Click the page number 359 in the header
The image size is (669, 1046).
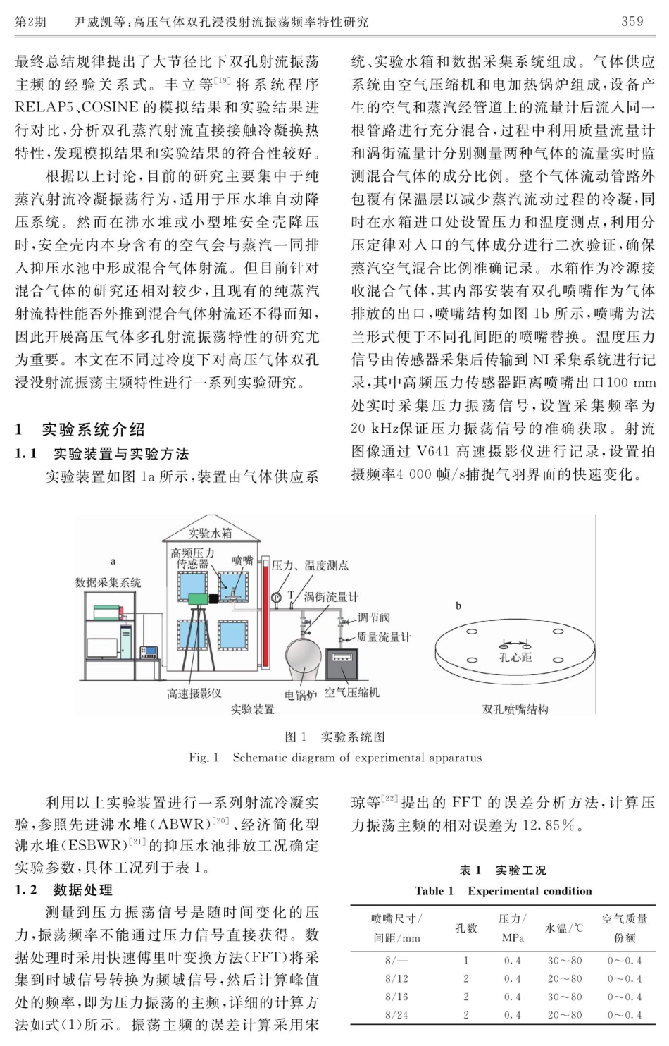coord(632,21)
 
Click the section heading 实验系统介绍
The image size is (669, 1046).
coord(93,429)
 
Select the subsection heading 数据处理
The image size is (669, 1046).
coord(82,890)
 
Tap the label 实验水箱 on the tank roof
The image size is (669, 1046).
coord(210,533)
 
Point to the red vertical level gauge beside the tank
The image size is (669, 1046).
coord(265,613)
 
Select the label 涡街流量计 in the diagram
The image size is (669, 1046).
coord(331,597)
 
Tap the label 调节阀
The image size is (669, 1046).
coord(373,618)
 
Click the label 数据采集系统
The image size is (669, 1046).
coord(108,582)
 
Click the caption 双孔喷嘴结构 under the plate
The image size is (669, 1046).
coord(515,709)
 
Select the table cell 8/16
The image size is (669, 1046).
coord(396,997)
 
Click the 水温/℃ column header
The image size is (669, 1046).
coord(564,928)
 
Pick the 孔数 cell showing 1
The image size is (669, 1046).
coord(465,960)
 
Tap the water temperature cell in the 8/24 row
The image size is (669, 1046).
coord(565,1015)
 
